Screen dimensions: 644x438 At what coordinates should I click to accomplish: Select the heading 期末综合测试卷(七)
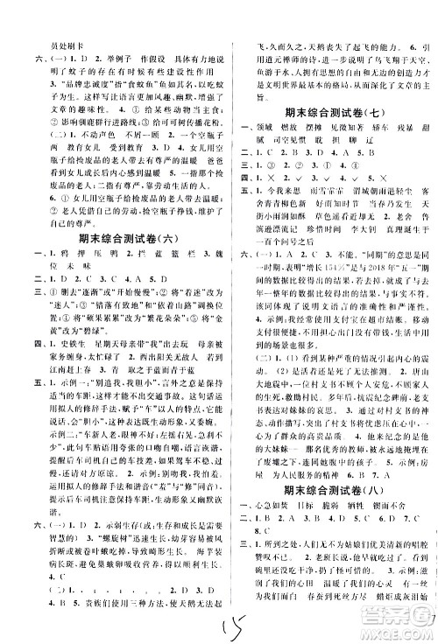coord(333,112)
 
